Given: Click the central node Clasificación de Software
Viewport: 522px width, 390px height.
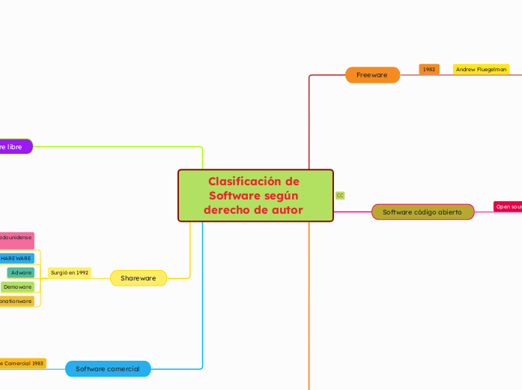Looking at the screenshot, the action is (255, 195).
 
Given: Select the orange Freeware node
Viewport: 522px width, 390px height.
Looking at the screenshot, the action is (372, 75).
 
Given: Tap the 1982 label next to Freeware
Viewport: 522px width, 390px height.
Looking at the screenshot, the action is (429, 69).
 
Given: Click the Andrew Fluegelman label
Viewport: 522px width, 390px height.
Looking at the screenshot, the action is (481, 69).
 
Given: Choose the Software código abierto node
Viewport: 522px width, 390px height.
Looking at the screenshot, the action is (422, 212).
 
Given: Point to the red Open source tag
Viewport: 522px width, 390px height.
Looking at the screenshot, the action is (509, 206).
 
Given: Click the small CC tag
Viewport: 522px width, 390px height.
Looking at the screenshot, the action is (340, 195).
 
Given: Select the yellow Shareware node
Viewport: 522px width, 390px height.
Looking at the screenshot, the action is (139, 278).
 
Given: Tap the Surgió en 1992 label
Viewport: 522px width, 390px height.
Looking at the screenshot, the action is (70, 272).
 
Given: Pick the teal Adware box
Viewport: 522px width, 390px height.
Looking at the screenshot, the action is (21, 272).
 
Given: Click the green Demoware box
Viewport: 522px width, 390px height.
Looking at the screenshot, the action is (17, 286).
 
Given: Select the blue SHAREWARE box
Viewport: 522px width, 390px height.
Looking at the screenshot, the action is (16, 258).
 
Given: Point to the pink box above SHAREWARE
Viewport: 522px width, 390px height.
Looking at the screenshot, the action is (16, 239).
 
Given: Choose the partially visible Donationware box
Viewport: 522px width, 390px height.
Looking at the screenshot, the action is (16, 301).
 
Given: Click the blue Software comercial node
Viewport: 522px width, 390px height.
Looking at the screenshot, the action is (108, 368).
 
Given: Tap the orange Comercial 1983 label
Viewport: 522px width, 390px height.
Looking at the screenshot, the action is (22, 363).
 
